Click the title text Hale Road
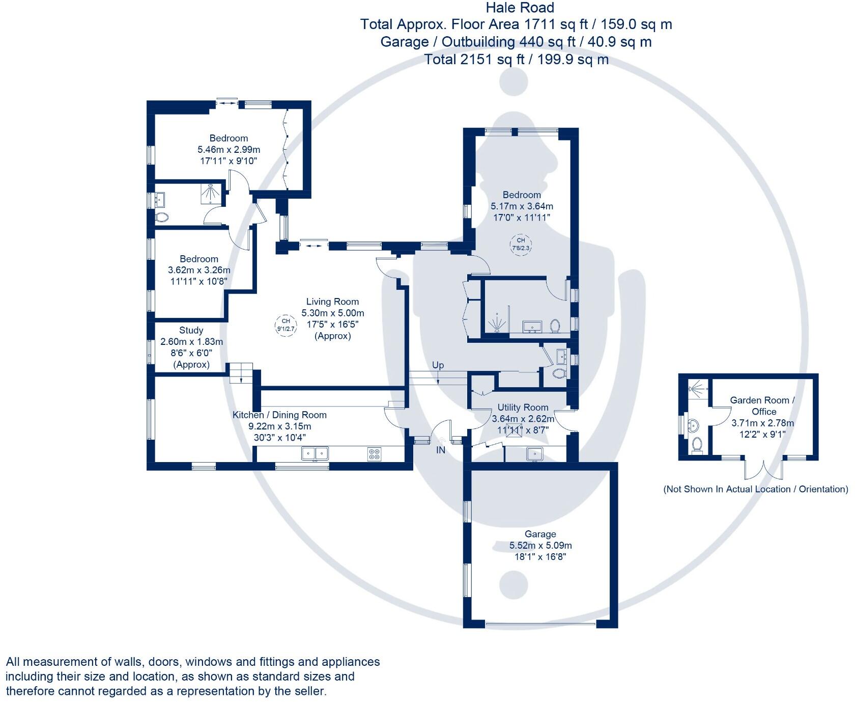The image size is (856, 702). click(x=520, y=8)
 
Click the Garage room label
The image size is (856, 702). click(x=540, y=534)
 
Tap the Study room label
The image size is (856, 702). click(x=191, y=330)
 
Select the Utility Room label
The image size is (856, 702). click(x=523, y=407)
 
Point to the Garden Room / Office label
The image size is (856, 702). click(x=762, y=406)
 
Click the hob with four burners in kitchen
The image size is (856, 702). click(x=374, y=454)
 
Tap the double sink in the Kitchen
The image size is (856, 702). click(x=315, y=453)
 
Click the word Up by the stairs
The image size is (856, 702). click(x=438, y=365)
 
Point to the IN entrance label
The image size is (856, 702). click(x=440, y=450)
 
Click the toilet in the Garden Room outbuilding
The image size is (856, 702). click(x=697, y=444)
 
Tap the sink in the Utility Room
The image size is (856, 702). click(x=534, y=453)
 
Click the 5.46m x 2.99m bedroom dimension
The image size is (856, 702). click(x=229, y=149)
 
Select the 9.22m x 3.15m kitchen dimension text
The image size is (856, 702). click(x=279, y=426)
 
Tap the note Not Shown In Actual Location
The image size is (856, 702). click(x=755, y=489)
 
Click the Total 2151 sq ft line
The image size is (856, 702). click(x=516, y=60)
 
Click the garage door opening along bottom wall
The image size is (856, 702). click(x=540, y=624)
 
